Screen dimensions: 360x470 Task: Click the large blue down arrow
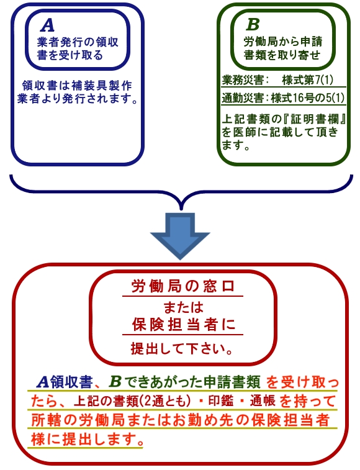[x=180, y=235]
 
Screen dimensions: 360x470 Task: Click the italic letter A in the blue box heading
[x=47, y=25]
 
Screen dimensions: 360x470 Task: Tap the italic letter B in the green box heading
[x=253, y=25]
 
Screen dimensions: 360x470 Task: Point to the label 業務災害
[x=243, y=80]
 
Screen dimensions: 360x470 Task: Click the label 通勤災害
[x=243, y=98]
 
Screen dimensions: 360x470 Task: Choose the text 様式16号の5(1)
[x=307, y=98]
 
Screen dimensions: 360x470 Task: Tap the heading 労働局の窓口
[x=182, y=287]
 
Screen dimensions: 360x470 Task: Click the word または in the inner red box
[x=183, y=308]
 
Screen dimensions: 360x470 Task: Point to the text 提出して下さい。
[x=182, y=348]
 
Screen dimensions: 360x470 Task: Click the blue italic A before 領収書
[x=43, y=382]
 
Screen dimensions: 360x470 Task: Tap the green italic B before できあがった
[x=115, y=382]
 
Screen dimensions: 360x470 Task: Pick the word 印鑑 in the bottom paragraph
[x=220, y=401]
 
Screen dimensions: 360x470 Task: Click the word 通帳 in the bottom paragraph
[x=263, y=401]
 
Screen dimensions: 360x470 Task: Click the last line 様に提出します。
[x=87, y=440]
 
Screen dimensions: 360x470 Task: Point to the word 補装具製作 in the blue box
[x=102, y=86]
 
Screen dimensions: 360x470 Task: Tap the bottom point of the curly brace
[x=181, y=209]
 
